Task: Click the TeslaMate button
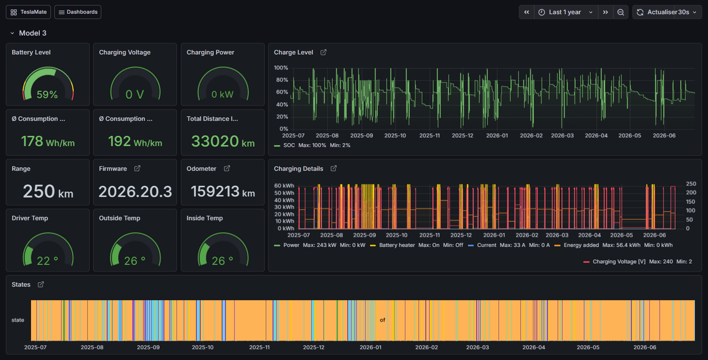28,12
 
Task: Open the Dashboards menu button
78,12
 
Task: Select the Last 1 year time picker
566,12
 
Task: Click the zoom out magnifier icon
621,12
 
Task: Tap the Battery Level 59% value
47,94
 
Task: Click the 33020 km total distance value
223,141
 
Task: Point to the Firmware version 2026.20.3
136,191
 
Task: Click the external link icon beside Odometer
227,169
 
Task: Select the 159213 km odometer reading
223,191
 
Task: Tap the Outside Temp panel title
119,218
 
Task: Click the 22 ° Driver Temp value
48,261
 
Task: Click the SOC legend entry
284,145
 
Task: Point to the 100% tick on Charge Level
281,67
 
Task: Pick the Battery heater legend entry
393,245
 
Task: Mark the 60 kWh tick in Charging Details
284,186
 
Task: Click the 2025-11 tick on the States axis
259,347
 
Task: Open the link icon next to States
41,284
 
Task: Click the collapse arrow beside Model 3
12,33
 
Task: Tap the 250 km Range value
48,191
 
